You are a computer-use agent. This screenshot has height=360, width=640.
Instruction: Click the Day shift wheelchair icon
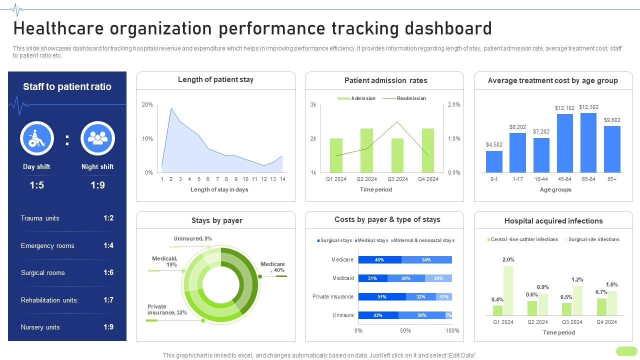[37, 138]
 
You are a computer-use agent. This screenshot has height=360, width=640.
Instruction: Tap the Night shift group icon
[97, 138]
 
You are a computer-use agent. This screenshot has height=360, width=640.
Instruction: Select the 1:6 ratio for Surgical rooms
[108, 272]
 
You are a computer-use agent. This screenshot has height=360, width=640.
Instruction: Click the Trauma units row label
[40, 218]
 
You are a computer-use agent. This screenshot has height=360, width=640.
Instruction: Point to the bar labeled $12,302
[588, 143]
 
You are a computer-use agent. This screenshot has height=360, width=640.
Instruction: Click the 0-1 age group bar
[494, 161]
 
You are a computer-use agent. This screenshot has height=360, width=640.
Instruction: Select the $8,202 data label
[517, 127]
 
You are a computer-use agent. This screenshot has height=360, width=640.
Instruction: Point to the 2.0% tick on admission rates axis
[453, 104]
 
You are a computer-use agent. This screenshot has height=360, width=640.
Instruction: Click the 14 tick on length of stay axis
[282, 179]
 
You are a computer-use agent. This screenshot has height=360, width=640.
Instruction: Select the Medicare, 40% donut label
[272, 267]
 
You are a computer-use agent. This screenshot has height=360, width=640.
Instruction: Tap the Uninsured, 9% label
[192, 238]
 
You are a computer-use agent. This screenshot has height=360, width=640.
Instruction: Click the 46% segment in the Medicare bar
[379, 259]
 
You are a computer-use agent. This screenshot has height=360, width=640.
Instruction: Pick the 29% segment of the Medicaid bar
[438, 278]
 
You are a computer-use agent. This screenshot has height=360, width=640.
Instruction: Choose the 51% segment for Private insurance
[381, 296]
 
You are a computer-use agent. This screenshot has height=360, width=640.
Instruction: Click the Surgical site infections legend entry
[593, 239]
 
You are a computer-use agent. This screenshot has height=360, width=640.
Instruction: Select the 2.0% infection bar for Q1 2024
[508, 290]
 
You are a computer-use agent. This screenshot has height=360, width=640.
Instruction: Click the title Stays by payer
[216, 220]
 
